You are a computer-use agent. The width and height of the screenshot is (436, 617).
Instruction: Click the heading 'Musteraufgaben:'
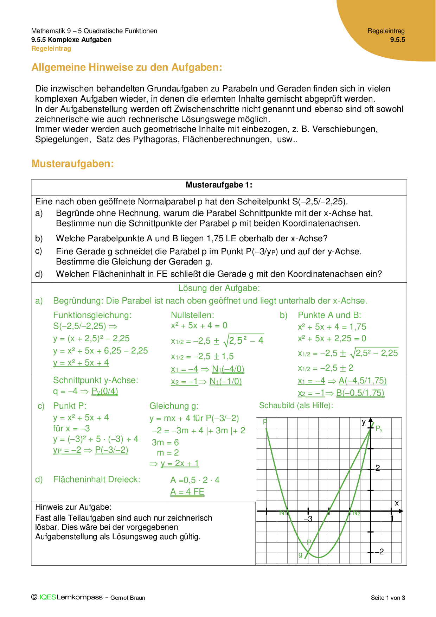point(72,164)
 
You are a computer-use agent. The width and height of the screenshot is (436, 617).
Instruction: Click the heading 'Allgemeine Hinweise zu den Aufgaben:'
point(127,67)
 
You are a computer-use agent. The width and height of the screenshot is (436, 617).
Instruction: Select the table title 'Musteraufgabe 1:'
point(219,185)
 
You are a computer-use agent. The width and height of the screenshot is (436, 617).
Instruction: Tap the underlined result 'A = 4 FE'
point(187,492)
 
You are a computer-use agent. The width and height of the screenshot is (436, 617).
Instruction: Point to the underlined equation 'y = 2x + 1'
point(180,464)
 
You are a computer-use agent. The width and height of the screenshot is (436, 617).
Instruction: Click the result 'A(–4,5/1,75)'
point(363,381)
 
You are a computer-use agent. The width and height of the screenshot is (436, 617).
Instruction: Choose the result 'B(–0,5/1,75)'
point(360,393)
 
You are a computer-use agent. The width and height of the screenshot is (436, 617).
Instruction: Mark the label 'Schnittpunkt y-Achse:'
point(96,380)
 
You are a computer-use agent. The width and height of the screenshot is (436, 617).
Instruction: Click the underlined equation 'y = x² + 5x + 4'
point(81,363)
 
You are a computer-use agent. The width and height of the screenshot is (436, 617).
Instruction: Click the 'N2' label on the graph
point(356,513)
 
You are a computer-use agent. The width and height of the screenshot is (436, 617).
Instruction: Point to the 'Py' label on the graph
point(379,428)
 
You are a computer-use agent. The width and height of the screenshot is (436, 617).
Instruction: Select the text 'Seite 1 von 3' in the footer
point(388,598)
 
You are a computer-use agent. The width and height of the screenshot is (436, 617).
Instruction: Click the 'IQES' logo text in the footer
point(47,597)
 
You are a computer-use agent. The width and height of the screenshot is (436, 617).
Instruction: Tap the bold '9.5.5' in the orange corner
point(397,40)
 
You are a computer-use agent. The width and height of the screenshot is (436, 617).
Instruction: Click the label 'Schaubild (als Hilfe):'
point(296,406)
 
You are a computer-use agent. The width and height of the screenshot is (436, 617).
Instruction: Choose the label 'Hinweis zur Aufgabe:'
point(73,507)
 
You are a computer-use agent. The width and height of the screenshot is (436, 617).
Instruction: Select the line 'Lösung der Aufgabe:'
point(219,288)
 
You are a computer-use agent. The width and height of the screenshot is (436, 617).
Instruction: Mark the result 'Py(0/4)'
point(104,392)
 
